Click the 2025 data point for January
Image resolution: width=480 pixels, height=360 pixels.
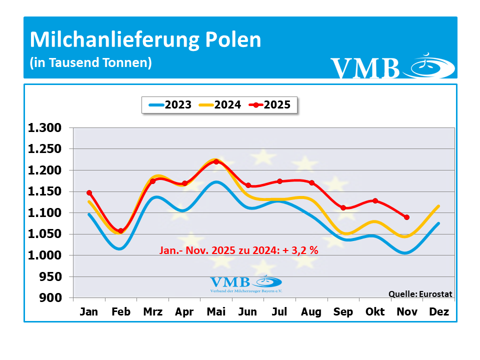pyautogui.click(x=89, y=192)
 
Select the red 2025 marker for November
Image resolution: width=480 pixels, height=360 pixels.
pyautogui.click(x=406, y=217)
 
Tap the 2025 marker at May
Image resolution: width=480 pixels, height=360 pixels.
pyautogui.click(x=216, y=161)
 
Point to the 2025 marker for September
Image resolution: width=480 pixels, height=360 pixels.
pyautogui.click(x=343, y=207)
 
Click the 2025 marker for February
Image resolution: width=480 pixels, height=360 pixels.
pyautogui.click(x=121, y=231)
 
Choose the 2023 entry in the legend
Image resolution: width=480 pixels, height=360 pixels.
pyautogui.click(x=170, y=105)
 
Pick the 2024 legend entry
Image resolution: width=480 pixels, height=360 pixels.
pyautogui.click(x=220, y=105)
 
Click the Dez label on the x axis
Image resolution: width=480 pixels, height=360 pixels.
pyautogui.click(x=438, y=312)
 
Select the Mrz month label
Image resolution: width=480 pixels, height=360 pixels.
pyautogui.click(x=153, y=312)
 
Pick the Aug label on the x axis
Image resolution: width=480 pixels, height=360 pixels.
pyautogui.click(x=311, y=312)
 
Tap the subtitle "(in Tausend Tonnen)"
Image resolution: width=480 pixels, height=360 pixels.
pyautogui.click(x=90, y=63)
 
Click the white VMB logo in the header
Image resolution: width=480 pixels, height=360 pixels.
pyautogui.click(x=392, y=67)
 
